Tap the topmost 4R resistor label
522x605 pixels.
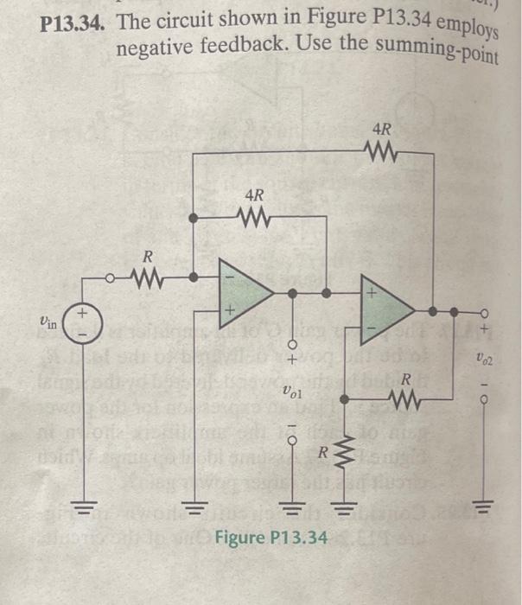click(x=382, y=131)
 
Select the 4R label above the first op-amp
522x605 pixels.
click(x=255, y=194)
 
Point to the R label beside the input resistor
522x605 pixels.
click(x=147, y=256)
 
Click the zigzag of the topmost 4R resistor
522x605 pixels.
click(x=382, y=153)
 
